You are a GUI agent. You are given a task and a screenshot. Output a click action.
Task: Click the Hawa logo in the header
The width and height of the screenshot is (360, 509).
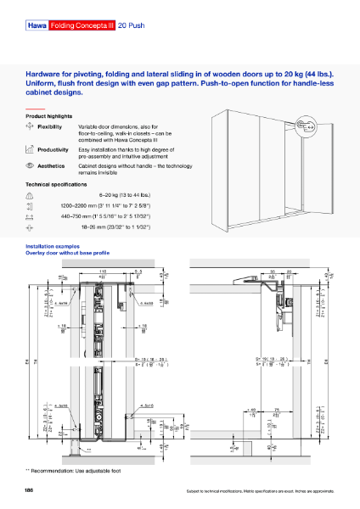coord(37,26)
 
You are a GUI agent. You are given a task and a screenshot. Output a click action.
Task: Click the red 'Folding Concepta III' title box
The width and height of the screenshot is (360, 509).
coord(82,26)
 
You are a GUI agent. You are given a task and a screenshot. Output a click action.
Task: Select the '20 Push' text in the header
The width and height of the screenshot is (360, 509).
coord(132,26)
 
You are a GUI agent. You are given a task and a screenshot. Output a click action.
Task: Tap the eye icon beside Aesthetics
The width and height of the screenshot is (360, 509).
coord(31,166)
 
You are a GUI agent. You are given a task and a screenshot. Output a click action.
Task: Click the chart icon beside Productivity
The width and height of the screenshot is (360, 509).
coord(31,148)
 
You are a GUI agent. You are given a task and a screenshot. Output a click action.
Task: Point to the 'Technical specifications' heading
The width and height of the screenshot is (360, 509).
coord(57,184)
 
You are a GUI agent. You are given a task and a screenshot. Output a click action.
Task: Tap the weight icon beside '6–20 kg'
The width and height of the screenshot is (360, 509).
coord(31,195)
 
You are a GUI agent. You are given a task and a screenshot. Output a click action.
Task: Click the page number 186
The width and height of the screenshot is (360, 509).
coord(30,490)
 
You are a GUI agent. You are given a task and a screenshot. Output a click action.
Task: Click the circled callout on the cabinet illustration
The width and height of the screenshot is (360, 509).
coord(310,125)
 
